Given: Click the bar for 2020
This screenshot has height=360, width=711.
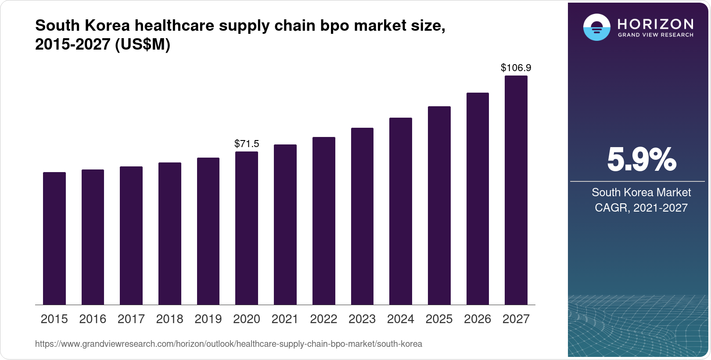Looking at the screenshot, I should [x=247, y=228].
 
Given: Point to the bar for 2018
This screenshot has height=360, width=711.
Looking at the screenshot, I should [x=170, y=234].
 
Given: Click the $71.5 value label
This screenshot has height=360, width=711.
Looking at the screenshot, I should [x=247, y=144].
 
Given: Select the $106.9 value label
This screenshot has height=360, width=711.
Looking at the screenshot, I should [x=516, y=68].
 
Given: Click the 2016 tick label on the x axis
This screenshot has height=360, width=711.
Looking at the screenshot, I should [x=93, y=319].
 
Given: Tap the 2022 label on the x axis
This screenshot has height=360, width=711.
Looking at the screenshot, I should [x=323, y=319].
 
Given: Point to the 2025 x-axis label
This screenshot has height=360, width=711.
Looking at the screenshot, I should [x=439, y=319].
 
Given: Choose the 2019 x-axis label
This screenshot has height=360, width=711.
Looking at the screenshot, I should [x=208, y=319].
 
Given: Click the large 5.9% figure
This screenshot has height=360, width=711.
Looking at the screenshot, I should [x=641, y=160].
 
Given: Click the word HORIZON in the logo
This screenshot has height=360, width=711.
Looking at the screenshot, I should [x=655, y=24].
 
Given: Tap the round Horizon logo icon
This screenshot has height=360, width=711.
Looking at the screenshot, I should [x=596, y=27].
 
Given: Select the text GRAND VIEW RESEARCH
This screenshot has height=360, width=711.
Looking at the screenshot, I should [x=655, y=35].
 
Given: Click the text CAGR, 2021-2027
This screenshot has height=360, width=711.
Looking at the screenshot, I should [x=641, y=208].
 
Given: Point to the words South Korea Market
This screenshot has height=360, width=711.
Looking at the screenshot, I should [x=641, y=192].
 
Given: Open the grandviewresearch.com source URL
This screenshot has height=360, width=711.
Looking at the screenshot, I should [x=228, y=344].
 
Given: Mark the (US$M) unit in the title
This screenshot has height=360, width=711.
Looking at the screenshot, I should [x=142, y=45].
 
